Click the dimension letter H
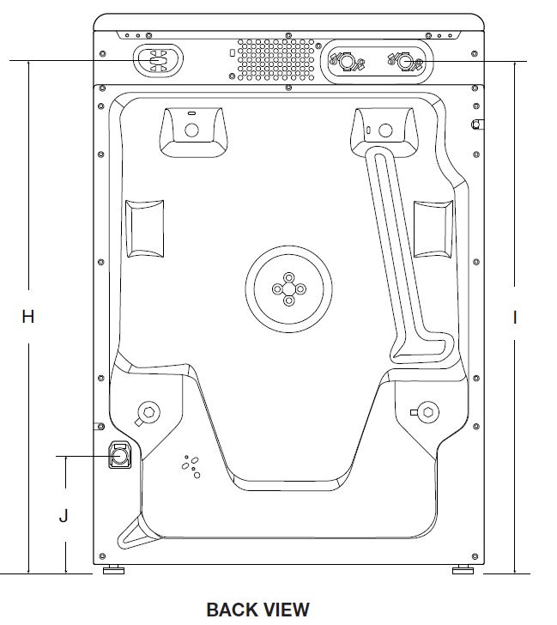point(28,317)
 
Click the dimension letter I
point(515,318)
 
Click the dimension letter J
point(64,516)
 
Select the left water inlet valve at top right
point(346,62)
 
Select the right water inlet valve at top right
point(403,62)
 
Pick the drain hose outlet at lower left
point(118,454)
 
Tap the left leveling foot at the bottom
point(111,570)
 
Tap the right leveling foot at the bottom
point(462,570)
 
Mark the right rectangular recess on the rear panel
point(433,228)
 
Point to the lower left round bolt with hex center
point(148,410)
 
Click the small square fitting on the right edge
point(476,124)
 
